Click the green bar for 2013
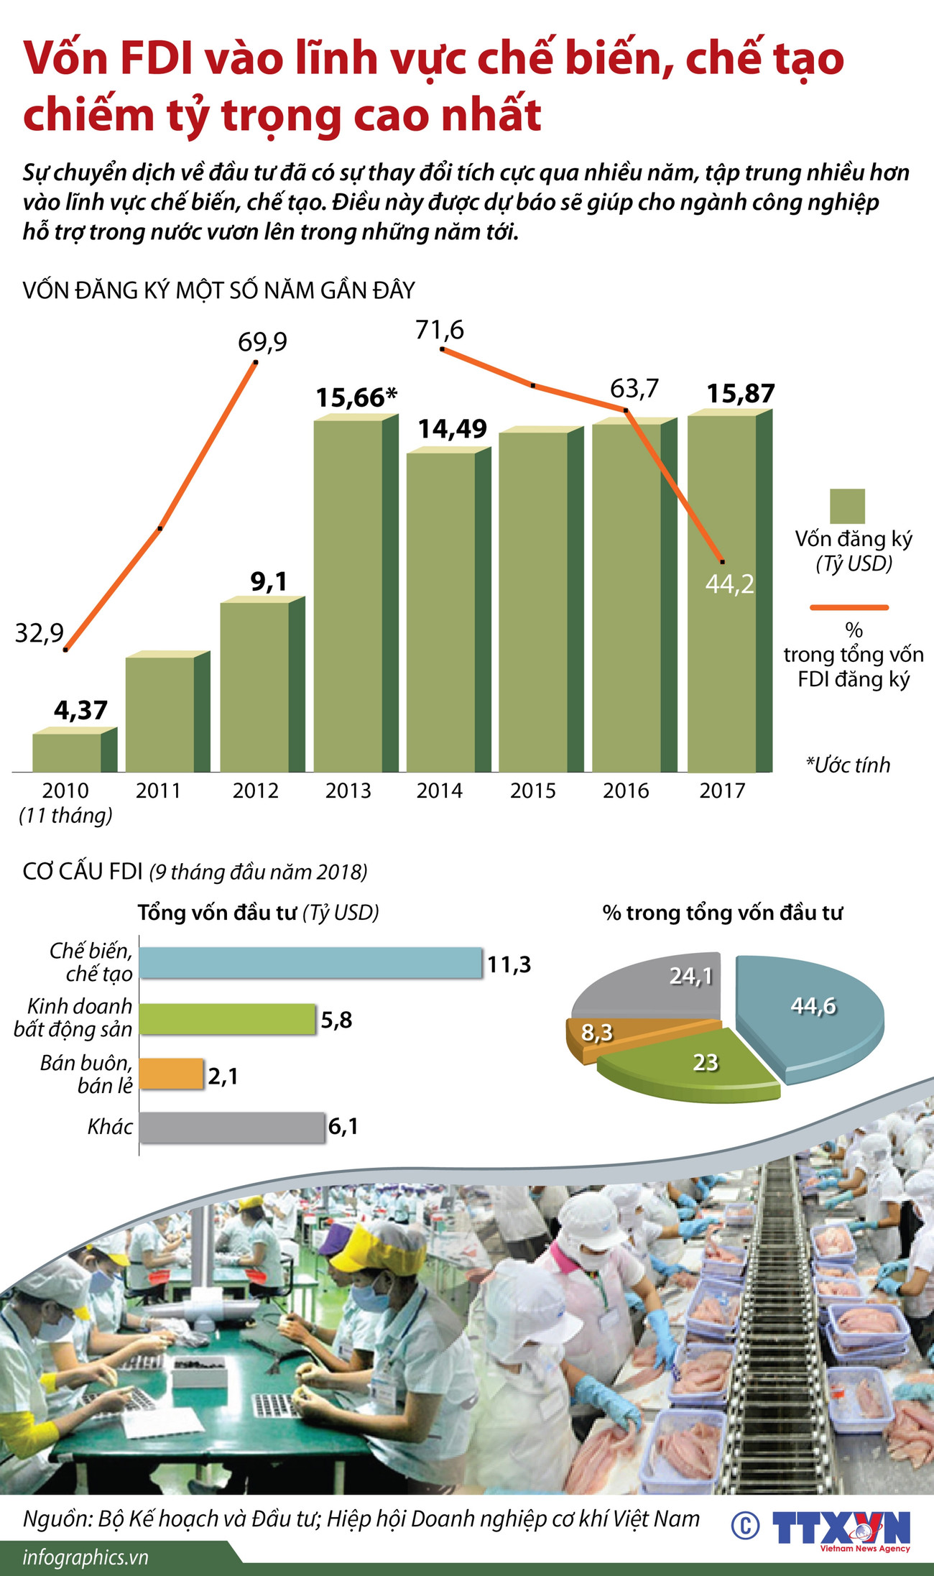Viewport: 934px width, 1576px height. pos(348,596)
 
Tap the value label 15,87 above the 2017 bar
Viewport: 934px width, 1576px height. pos(740,394)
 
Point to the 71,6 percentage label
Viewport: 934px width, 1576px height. pos(440,331)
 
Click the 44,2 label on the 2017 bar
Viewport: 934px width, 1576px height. pos(729,584)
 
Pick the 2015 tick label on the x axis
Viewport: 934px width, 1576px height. pos(532,791)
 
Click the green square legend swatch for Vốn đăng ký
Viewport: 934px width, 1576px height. pos(847,506)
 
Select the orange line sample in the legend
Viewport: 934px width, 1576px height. pos(849,607)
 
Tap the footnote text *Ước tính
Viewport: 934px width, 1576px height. pos(848,765)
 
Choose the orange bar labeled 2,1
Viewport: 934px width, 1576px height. pos(171,1074)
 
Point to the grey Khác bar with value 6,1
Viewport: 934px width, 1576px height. pos(231,1128)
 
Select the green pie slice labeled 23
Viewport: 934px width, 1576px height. pos(690,1064)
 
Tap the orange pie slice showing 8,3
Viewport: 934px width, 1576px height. pos(596,1033)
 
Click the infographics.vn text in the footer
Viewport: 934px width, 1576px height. pos(85,1558)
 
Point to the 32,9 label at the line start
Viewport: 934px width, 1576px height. pos(40,633)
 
